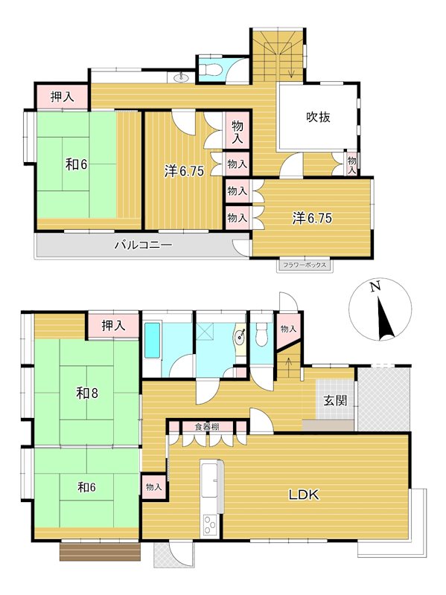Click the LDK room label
304,495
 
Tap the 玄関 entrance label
335,400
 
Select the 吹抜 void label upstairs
319,117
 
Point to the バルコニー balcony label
144,245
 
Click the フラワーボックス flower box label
305,265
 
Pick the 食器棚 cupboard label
207,426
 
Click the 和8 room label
87,393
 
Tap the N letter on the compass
375,286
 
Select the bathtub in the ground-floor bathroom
153,340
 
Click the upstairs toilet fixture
208,69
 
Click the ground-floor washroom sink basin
240,336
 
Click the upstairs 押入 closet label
63,97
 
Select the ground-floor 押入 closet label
113,325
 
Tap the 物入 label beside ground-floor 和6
154,487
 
